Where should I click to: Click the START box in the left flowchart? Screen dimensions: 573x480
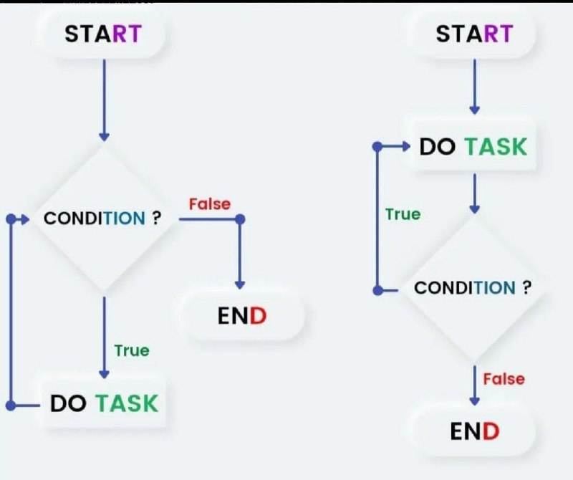pos(104,34)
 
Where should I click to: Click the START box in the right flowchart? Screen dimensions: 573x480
pos(474,34)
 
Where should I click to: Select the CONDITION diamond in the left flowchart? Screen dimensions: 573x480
pos(104,219)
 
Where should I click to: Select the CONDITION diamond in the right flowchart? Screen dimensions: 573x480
pos(474,288)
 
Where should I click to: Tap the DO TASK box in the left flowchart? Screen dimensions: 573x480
pos(104,403)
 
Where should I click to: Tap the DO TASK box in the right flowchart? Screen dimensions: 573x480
pos(473,147)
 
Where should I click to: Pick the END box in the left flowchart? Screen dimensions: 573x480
pos(242,315)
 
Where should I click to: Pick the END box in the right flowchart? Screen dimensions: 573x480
pos(474,431)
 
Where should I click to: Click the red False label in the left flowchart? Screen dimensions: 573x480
pos(210,204)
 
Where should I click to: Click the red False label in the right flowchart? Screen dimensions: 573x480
pos(504,379)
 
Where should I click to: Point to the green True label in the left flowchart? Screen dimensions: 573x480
pos(132,350)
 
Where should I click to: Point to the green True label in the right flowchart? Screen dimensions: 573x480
pos(403,214)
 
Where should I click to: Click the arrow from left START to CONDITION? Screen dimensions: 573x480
pos(104,100)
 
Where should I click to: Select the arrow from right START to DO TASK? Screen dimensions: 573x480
pos(474,87)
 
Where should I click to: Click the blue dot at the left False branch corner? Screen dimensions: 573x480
pos(240,219)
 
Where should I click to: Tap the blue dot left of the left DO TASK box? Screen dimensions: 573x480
pos(11,405)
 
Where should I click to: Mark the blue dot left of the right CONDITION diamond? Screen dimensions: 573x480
pos(378,291)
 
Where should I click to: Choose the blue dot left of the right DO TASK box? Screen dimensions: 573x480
pos(377,147)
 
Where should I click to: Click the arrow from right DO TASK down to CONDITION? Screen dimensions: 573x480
pos(474,193)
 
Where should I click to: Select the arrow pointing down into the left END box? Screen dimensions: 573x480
pos(240,254)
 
